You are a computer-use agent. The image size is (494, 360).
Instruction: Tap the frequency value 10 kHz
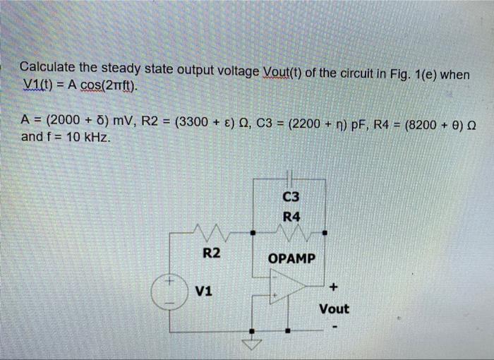point(84,136)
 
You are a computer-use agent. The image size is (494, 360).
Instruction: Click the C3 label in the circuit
point(290,198)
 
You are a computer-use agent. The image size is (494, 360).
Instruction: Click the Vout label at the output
point(334,308)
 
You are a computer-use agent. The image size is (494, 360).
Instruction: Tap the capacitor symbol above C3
point(289,179)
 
